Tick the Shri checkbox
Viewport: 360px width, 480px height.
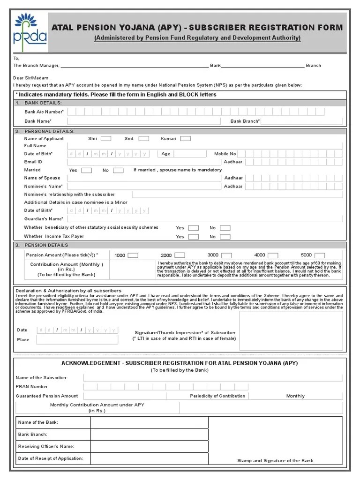click(x=106, y=139)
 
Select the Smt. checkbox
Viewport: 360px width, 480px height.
click(x=143, y=139)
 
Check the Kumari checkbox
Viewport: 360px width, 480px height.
click(x=186, y=139)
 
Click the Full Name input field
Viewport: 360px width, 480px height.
click(x=206, y=146)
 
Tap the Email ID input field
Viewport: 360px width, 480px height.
click(x=143, y=162)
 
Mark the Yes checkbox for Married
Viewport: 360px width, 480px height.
click(x=86, y=170)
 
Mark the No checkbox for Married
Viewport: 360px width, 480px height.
click(x=118, y=170)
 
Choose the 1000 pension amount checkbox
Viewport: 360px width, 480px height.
click(x=133, y=255)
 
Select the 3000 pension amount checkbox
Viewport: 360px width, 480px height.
click(x=226, y=255)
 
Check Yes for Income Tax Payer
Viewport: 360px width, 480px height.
click(x=193, y=237)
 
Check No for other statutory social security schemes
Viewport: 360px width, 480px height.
click(x=225, y=228)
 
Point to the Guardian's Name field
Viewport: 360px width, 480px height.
click(x=143, y=219)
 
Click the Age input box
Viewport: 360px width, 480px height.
click(x=190, y=154)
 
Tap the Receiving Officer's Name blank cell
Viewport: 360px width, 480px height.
click(x=149, y=446)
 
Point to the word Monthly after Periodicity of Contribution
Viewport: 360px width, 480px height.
click(x=295, y=396)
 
